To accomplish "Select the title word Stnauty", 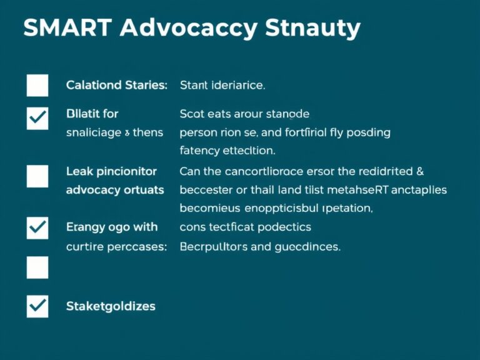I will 313,29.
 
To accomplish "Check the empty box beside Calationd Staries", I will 37,85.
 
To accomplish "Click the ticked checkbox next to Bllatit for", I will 37,117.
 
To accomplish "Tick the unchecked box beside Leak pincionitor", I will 37,176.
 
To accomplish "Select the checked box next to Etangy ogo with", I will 37,227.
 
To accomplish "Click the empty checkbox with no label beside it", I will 37,267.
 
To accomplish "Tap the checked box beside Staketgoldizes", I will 37,306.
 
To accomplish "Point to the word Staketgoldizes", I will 111,306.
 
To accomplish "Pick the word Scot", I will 191,114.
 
